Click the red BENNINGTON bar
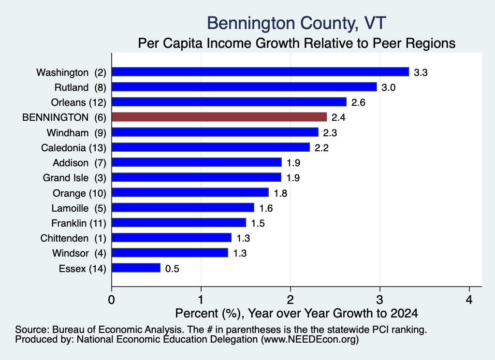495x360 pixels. pyautogui.click(x=219, y=117)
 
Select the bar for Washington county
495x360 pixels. pyautogui.click(x=261, y=72)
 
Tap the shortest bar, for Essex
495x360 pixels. pyautogui.click(x=136, y=268)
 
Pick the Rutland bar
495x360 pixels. pyautogui.click(x=244, y=87)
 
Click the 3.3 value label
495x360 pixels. pyautogui.click(x=421, y=72)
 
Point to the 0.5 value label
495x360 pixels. pyautogui.click(x=173, y=269)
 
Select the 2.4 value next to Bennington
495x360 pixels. pyautogui.click(x=338, y=118)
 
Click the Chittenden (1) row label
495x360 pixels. pyautogui.click(x=73, y=238)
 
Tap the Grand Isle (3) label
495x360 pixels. pyautogui.click(x=74, y=178)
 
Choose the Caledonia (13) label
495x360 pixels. pyautogui.click(x=73, y=148)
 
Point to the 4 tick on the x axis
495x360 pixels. pyautogui.click(x=469, y=300)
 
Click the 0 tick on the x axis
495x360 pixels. pyautogui.click(x=112, y=300)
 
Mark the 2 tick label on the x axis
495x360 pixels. pyautogui.click(x=291, y=300)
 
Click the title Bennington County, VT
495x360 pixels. pyautogui.click(x=296, y=23)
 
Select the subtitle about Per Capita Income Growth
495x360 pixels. pyautogui.click(x=297, y=43)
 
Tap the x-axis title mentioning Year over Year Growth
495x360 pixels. pyautogui.click(x=296, y=313)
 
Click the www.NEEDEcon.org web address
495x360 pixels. pyautogui.click(x=310, y=340)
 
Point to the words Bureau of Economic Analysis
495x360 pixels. pyautogui.click(x=116, y=330)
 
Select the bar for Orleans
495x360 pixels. pyautogui.click(x=229, y=102)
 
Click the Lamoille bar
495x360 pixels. pyautogui.click(x=183, y=208)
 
